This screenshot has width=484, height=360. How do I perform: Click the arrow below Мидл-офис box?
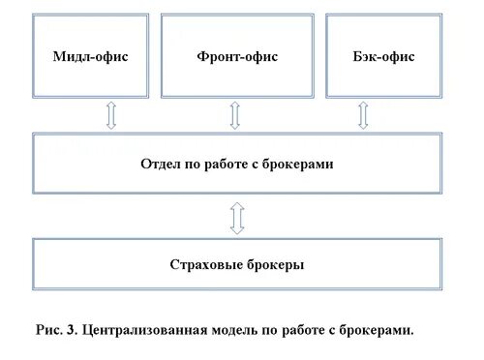111,115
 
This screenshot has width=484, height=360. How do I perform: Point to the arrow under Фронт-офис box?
235,115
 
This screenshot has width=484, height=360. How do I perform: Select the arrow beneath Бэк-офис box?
364,115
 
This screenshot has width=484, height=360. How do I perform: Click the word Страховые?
200,264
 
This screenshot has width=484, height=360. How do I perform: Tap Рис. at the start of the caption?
47,329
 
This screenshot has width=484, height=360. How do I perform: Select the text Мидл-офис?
91,56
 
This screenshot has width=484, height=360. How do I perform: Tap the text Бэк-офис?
383,56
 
